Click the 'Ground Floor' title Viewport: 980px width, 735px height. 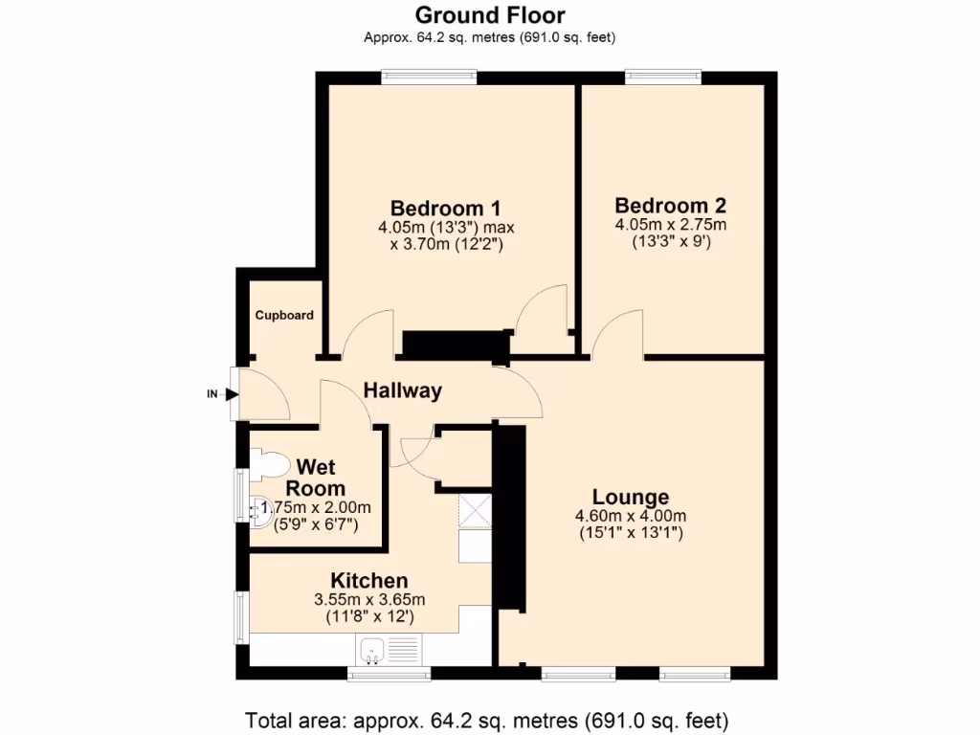[489, 15]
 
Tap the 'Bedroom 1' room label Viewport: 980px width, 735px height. [446, 209]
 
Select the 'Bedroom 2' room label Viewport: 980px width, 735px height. [670, 205]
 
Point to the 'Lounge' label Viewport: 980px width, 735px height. [630, 497]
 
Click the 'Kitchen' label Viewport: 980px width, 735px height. [369, 580]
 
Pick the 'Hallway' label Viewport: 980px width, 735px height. [402, 390]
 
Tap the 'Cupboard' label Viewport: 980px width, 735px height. [283, 315]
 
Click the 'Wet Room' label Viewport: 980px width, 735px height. [315, 477]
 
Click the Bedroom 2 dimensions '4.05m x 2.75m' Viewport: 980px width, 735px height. [670, 226]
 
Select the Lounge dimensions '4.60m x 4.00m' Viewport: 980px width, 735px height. [630, 517]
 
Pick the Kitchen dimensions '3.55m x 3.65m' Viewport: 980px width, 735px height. [369, 600]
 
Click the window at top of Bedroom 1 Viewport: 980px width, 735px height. [429, 76]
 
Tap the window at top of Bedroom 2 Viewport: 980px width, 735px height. [662, 76]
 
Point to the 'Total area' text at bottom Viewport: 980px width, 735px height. [488, 719]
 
